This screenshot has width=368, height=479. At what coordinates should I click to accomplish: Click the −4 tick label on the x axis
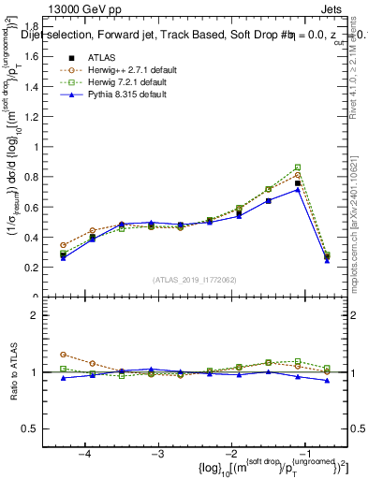84,453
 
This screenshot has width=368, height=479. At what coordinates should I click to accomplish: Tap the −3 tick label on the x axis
157,453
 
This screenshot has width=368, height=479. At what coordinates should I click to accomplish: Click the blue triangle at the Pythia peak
298,190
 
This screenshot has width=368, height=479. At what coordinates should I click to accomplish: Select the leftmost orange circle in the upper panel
63,245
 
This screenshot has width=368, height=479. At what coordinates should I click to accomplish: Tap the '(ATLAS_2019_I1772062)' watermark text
195,280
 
